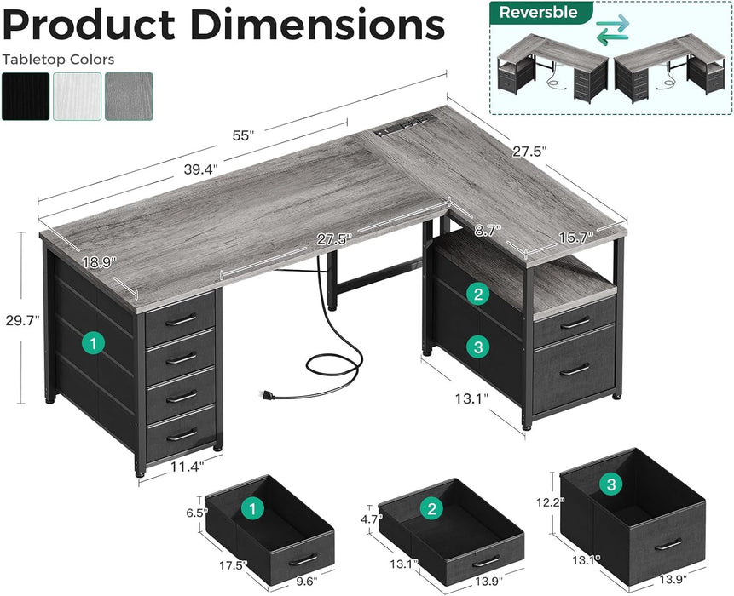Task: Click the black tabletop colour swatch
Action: [x=25, y=95]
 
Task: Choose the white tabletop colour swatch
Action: [x=77, y=95]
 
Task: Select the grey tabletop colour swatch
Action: [x=129, y=95]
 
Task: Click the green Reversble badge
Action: [x=539, y=12]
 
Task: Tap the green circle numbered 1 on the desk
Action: [x=93, y=343]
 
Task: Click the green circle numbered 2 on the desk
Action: [x=479, y=295]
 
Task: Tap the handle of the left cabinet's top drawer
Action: [x=181, y=319]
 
